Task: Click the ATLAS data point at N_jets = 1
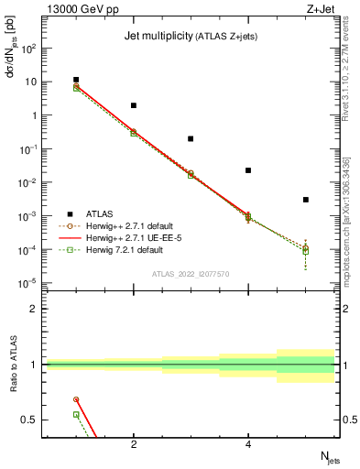[x=76, y=80]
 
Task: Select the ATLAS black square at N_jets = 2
[x=134, y=105]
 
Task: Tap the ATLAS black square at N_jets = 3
[x=191, y=138]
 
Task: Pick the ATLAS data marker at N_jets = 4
[x=248, y=170]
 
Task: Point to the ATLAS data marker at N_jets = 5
[x=306, y=200]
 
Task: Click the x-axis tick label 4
[x=248, y=444]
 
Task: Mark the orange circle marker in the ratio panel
[x=76, y=399]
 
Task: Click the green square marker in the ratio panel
[x=76, y=414]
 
